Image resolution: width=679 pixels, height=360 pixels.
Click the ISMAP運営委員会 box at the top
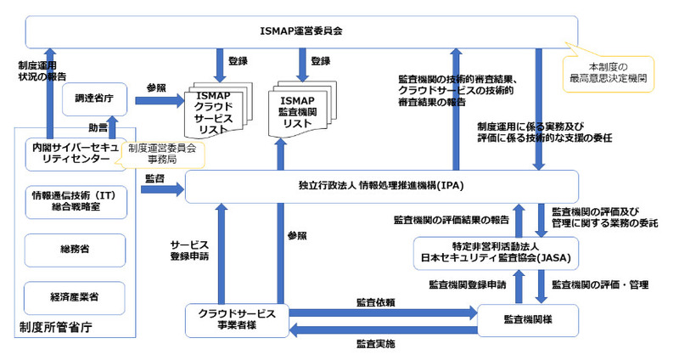point(301,32)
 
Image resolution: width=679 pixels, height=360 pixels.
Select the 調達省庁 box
point(94,99)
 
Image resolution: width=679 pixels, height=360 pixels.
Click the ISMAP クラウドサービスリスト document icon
point(219,111)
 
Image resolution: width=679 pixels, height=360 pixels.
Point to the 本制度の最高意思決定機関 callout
point(608,71)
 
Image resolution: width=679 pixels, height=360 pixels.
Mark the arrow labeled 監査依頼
point(378,313)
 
